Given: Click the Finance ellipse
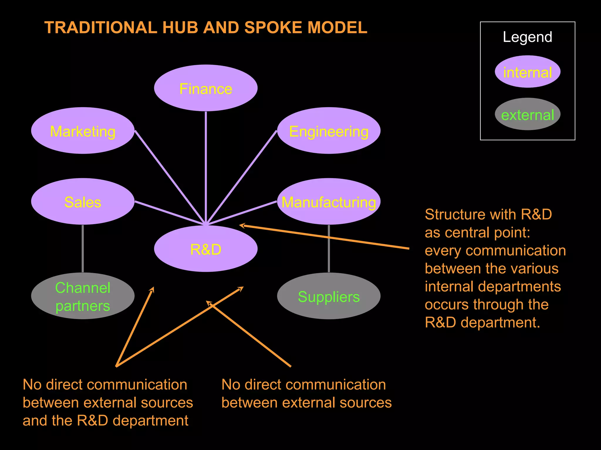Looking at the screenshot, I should pos(206,88).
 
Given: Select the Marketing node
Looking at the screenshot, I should pos(83,131).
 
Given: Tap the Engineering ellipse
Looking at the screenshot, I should pos(329,131).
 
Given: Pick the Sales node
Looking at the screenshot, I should pos(83,202).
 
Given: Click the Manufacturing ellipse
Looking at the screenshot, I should pos(329,202).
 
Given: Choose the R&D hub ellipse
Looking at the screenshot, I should pos(206,249).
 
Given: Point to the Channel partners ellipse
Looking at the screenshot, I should pos(83,296).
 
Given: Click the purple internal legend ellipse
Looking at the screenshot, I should pos(527,72).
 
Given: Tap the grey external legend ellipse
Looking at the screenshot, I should pos(527,114).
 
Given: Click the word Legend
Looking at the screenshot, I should pos(527,37).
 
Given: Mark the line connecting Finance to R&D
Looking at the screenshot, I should pos(206,167).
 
